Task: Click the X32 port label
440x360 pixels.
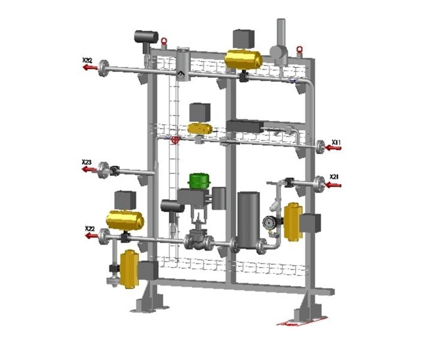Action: point(87,60)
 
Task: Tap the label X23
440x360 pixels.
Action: point(87,162)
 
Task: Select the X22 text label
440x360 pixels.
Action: point(90,229)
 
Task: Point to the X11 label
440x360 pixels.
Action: point(337,142)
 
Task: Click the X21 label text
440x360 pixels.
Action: point(335,176)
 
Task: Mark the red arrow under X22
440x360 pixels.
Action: point(91,236)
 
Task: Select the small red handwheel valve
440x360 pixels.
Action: point(175,140)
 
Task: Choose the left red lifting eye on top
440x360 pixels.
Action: point(164,42)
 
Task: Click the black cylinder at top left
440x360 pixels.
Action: point(144,37)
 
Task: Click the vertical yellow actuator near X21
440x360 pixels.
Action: point(293,221)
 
